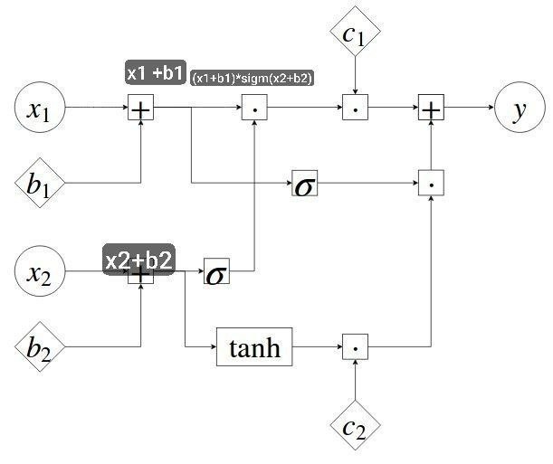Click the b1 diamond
(x=40, y=183)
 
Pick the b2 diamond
(x=40, y=346)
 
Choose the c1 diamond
(x=355, y=31)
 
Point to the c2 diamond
(x=355, y=425)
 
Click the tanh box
(x=254, y=347)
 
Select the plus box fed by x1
(x=140, y=107)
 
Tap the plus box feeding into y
(x=431, y=107)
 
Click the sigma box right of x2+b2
(x=216, y=271)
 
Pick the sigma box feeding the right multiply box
(x=305, y=183)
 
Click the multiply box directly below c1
(x=355, y=107)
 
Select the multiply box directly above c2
(x=355, y=346)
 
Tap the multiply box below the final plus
(x=431, y=183)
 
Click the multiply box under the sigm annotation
(x=254, y=107)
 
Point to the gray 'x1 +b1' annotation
(x=156, y=72)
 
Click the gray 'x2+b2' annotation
(x=139, y=260)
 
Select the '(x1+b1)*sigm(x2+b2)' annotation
(x=253, y=78)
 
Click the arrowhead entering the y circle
(x=491, y=107)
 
